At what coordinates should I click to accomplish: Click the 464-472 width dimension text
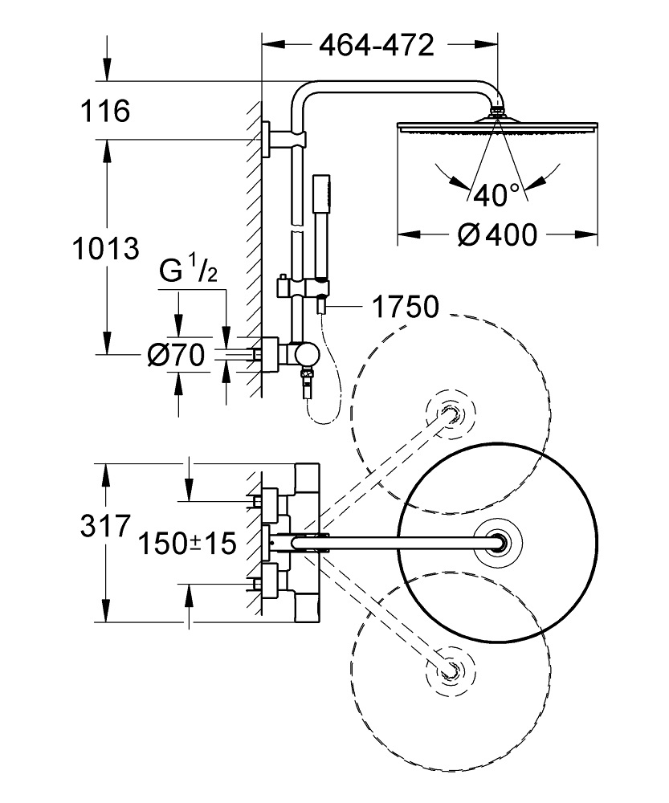coord(377,46)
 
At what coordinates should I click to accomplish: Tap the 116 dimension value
coord(104,112)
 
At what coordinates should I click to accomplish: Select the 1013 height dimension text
coord(104,249)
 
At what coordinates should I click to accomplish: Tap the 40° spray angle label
coord(496,194)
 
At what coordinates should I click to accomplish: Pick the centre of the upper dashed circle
coord(451,414)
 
